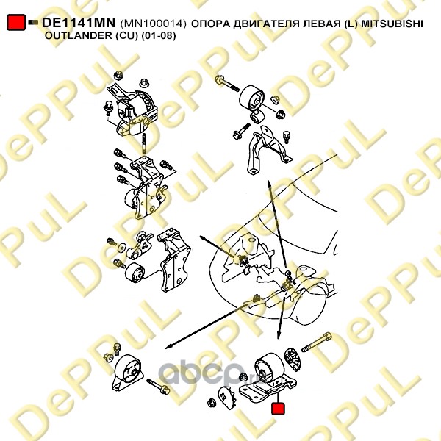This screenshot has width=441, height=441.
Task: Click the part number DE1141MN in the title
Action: click(79, 23)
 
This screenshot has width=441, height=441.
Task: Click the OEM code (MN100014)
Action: click(154, 24)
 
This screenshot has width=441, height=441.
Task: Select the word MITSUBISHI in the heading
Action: click(392, 24)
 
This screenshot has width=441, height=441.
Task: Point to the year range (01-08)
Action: click(159, 36)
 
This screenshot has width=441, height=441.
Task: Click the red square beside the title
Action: click(16, 22)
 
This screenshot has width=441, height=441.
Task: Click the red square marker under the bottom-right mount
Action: click(278, 409)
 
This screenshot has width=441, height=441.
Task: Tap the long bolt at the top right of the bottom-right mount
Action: click(317, 343)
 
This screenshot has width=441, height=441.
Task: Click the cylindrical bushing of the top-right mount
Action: click(252, 99)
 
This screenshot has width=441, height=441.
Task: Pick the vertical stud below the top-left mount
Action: click(144, 144)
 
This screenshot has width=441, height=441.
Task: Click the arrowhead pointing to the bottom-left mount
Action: click(168, 347)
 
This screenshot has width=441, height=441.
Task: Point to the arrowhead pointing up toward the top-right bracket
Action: click(269, 184)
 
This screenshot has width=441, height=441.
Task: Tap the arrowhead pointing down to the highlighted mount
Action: click(278, 335)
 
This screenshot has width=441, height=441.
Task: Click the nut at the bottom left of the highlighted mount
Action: click(212, 403)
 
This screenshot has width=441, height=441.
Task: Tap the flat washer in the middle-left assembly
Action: click(122, 247)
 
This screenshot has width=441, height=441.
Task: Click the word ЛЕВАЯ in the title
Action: click(320, 24)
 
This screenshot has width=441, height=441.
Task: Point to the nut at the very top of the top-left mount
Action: click(118, 76)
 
